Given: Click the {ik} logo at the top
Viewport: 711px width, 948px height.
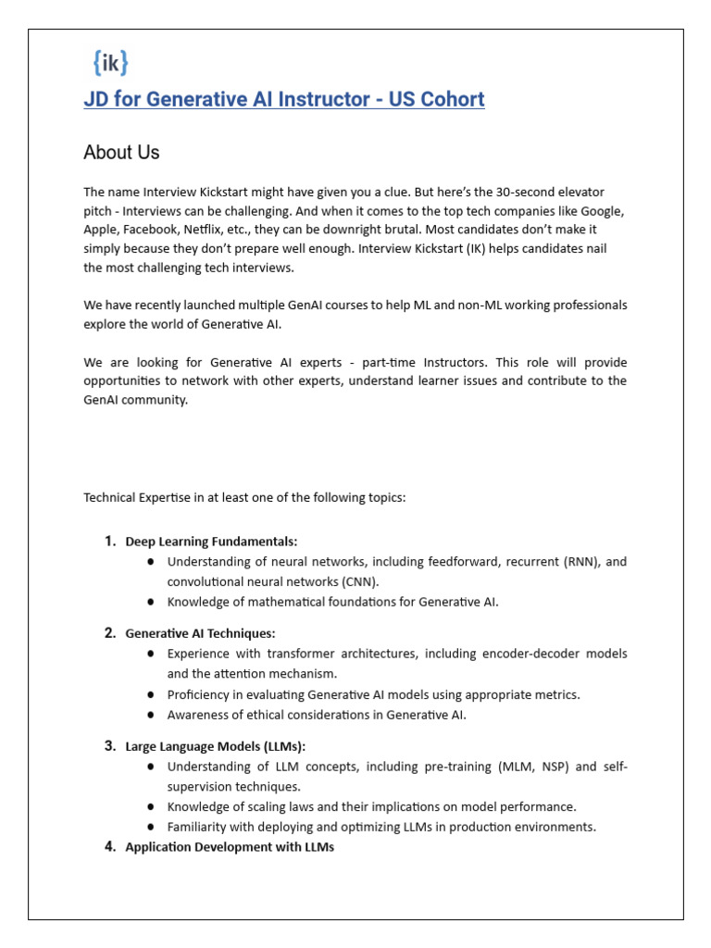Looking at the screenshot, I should tap(110, 62).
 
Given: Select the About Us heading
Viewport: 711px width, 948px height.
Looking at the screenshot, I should tap(121, 153).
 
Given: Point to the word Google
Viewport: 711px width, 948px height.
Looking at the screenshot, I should tap(604, 210).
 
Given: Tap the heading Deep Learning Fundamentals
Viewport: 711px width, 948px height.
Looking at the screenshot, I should tap(211, 542).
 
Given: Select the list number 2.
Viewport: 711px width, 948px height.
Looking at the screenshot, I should tap(109, 633).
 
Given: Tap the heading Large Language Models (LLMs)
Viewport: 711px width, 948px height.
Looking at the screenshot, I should tap(215, 746).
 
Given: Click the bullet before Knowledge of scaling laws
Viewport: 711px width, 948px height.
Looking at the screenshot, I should tap(151, 806).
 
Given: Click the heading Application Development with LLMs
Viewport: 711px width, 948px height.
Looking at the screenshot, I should tap(229, 847).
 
